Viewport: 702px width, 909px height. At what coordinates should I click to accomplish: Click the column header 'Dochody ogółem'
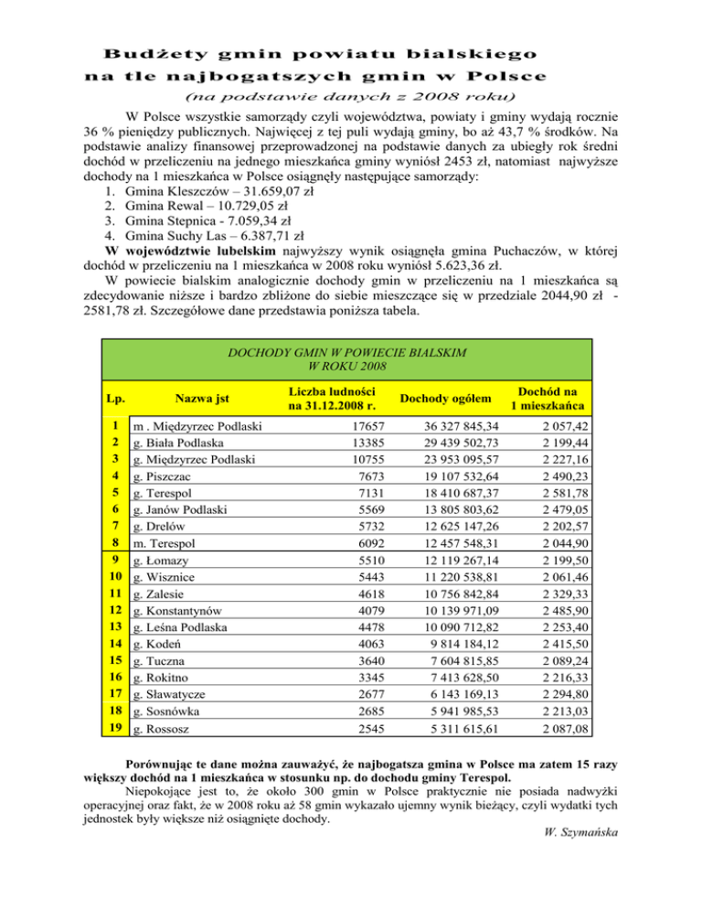click(446, 398)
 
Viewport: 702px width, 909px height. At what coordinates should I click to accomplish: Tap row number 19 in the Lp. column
click(117, 730)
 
